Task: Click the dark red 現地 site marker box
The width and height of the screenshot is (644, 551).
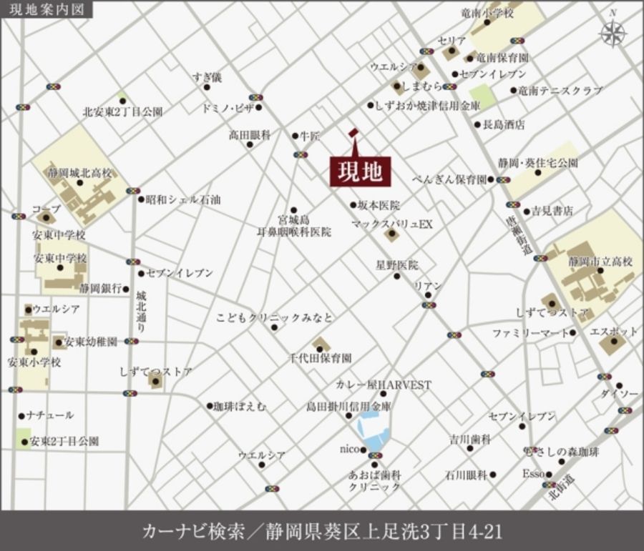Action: click(356, 171)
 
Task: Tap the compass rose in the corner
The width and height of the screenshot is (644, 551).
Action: click(613, 32)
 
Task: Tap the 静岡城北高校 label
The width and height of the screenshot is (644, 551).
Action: click(82, 173)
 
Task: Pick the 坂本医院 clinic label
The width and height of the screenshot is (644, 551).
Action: click(380, 205)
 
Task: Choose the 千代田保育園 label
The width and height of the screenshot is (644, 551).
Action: click(320, 357)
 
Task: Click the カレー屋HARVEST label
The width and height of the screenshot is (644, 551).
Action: click(384, 384)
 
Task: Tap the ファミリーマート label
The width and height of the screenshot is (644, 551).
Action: click(530, 333)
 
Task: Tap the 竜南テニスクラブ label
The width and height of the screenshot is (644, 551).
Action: click(561, 91)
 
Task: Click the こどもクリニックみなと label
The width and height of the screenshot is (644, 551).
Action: click(274, 316)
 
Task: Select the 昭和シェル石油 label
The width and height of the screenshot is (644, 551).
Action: click(182, 200)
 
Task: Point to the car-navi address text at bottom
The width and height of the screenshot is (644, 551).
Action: click(322, 531)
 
